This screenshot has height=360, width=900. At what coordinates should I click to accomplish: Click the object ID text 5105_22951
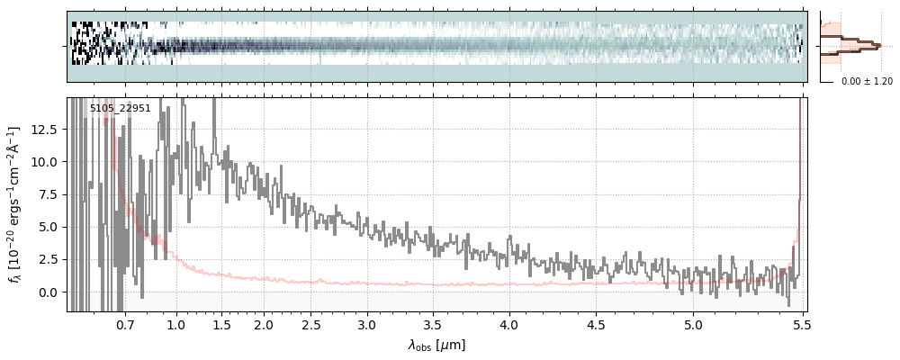[x=120, y=109]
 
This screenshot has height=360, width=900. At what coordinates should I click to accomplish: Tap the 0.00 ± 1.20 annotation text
[x=867, y=81]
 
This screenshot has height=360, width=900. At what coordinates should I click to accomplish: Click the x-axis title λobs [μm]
[x=436, y=345]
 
